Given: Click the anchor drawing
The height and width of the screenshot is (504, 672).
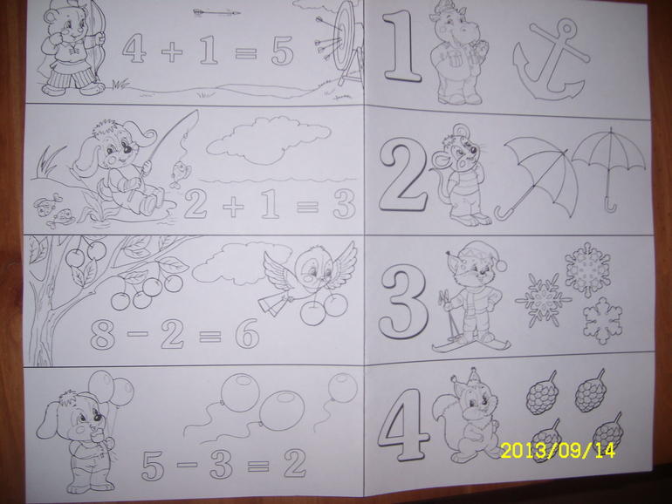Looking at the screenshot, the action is point(551,60).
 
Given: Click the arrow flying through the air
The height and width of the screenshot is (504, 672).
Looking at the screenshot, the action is point(216,13).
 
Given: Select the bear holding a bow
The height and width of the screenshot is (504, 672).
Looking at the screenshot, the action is point(72,47).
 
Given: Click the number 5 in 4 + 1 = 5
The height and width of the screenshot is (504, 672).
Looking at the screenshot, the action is point(283,51).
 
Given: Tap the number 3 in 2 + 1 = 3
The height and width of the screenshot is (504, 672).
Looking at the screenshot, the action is point(344,203).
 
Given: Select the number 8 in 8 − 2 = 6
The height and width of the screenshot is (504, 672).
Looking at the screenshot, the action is point(103,333).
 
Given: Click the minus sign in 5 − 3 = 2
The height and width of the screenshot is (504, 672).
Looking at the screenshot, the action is point(187,464).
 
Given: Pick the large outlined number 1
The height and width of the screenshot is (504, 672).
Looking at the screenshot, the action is point(401,45).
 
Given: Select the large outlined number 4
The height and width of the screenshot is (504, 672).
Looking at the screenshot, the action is point(404,423).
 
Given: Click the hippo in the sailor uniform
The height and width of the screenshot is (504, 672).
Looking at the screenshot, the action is point(459,52).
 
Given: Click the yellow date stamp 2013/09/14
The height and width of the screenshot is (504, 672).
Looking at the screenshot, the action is point(558,451).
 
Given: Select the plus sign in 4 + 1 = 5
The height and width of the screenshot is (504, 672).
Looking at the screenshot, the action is point(172,51).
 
